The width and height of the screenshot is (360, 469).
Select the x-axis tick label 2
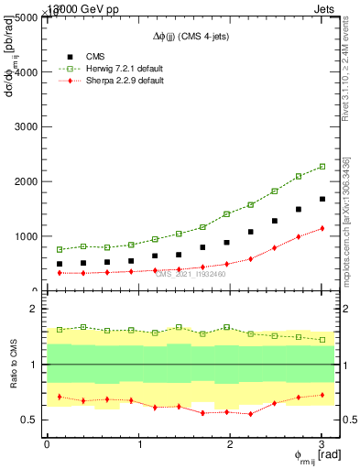tap(231, 444)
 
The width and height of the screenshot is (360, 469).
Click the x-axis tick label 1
tap(139, 444)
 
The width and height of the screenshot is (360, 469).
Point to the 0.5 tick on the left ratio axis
tap(31, 420)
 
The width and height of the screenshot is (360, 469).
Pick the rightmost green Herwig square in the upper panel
tap(322, 167)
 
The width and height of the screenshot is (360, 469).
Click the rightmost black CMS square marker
tap(322, 199)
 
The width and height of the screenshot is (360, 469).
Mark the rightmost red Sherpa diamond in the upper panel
tap(322, 228)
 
